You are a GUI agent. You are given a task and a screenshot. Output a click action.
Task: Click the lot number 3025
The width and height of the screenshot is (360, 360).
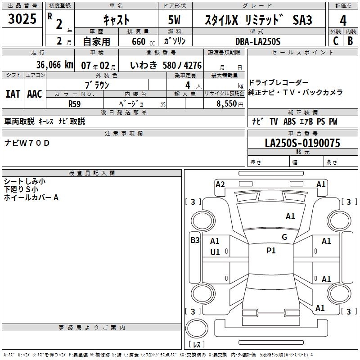pos(22,19)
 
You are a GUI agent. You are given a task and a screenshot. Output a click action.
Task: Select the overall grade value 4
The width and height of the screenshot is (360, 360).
pos(343,21)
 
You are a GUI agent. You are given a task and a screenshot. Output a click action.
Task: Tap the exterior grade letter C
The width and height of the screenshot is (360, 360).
pos(336,41)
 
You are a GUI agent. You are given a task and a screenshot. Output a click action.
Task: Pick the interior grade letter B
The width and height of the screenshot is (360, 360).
pos(350,41)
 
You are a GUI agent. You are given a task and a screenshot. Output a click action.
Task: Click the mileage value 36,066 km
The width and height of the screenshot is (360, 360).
pos(54,65)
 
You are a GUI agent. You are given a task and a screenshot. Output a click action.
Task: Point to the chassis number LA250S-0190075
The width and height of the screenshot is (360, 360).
pos(302,143)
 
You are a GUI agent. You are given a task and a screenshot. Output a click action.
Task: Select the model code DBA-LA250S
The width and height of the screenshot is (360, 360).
pos(258,41)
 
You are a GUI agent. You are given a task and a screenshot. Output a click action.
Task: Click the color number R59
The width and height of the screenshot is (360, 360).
pos(74,104)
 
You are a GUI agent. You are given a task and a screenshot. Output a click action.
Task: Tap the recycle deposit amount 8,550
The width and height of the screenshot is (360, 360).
pos(227,104)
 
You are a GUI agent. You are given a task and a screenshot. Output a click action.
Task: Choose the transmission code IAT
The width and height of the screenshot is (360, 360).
pos(13,94)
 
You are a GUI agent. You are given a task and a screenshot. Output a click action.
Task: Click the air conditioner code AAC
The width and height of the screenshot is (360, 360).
pos(35,94)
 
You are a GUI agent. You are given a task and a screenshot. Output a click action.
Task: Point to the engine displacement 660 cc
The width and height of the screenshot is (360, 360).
pos(143,41)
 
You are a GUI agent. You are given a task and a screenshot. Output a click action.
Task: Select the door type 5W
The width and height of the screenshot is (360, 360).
pos(174,20)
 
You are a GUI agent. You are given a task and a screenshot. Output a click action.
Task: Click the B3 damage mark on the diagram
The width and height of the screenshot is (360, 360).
pos(195,240)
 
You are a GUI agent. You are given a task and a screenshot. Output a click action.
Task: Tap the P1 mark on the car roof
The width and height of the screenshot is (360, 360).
pos(271,251)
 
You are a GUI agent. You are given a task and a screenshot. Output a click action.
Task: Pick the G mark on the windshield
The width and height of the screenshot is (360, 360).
pos(284,237)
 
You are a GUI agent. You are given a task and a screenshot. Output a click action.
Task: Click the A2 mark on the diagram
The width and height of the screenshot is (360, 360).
pos(220,184)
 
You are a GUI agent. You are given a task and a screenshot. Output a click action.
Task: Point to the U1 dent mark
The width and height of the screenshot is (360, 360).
pos(215,252)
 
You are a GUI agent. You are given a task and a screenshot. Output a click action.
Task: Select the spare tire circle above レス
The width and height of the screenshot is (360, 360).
pos(197,328)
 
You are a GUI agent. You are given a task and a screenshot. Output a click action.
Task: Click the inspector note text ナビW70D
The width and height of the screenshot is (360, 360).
pos(27,143)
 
